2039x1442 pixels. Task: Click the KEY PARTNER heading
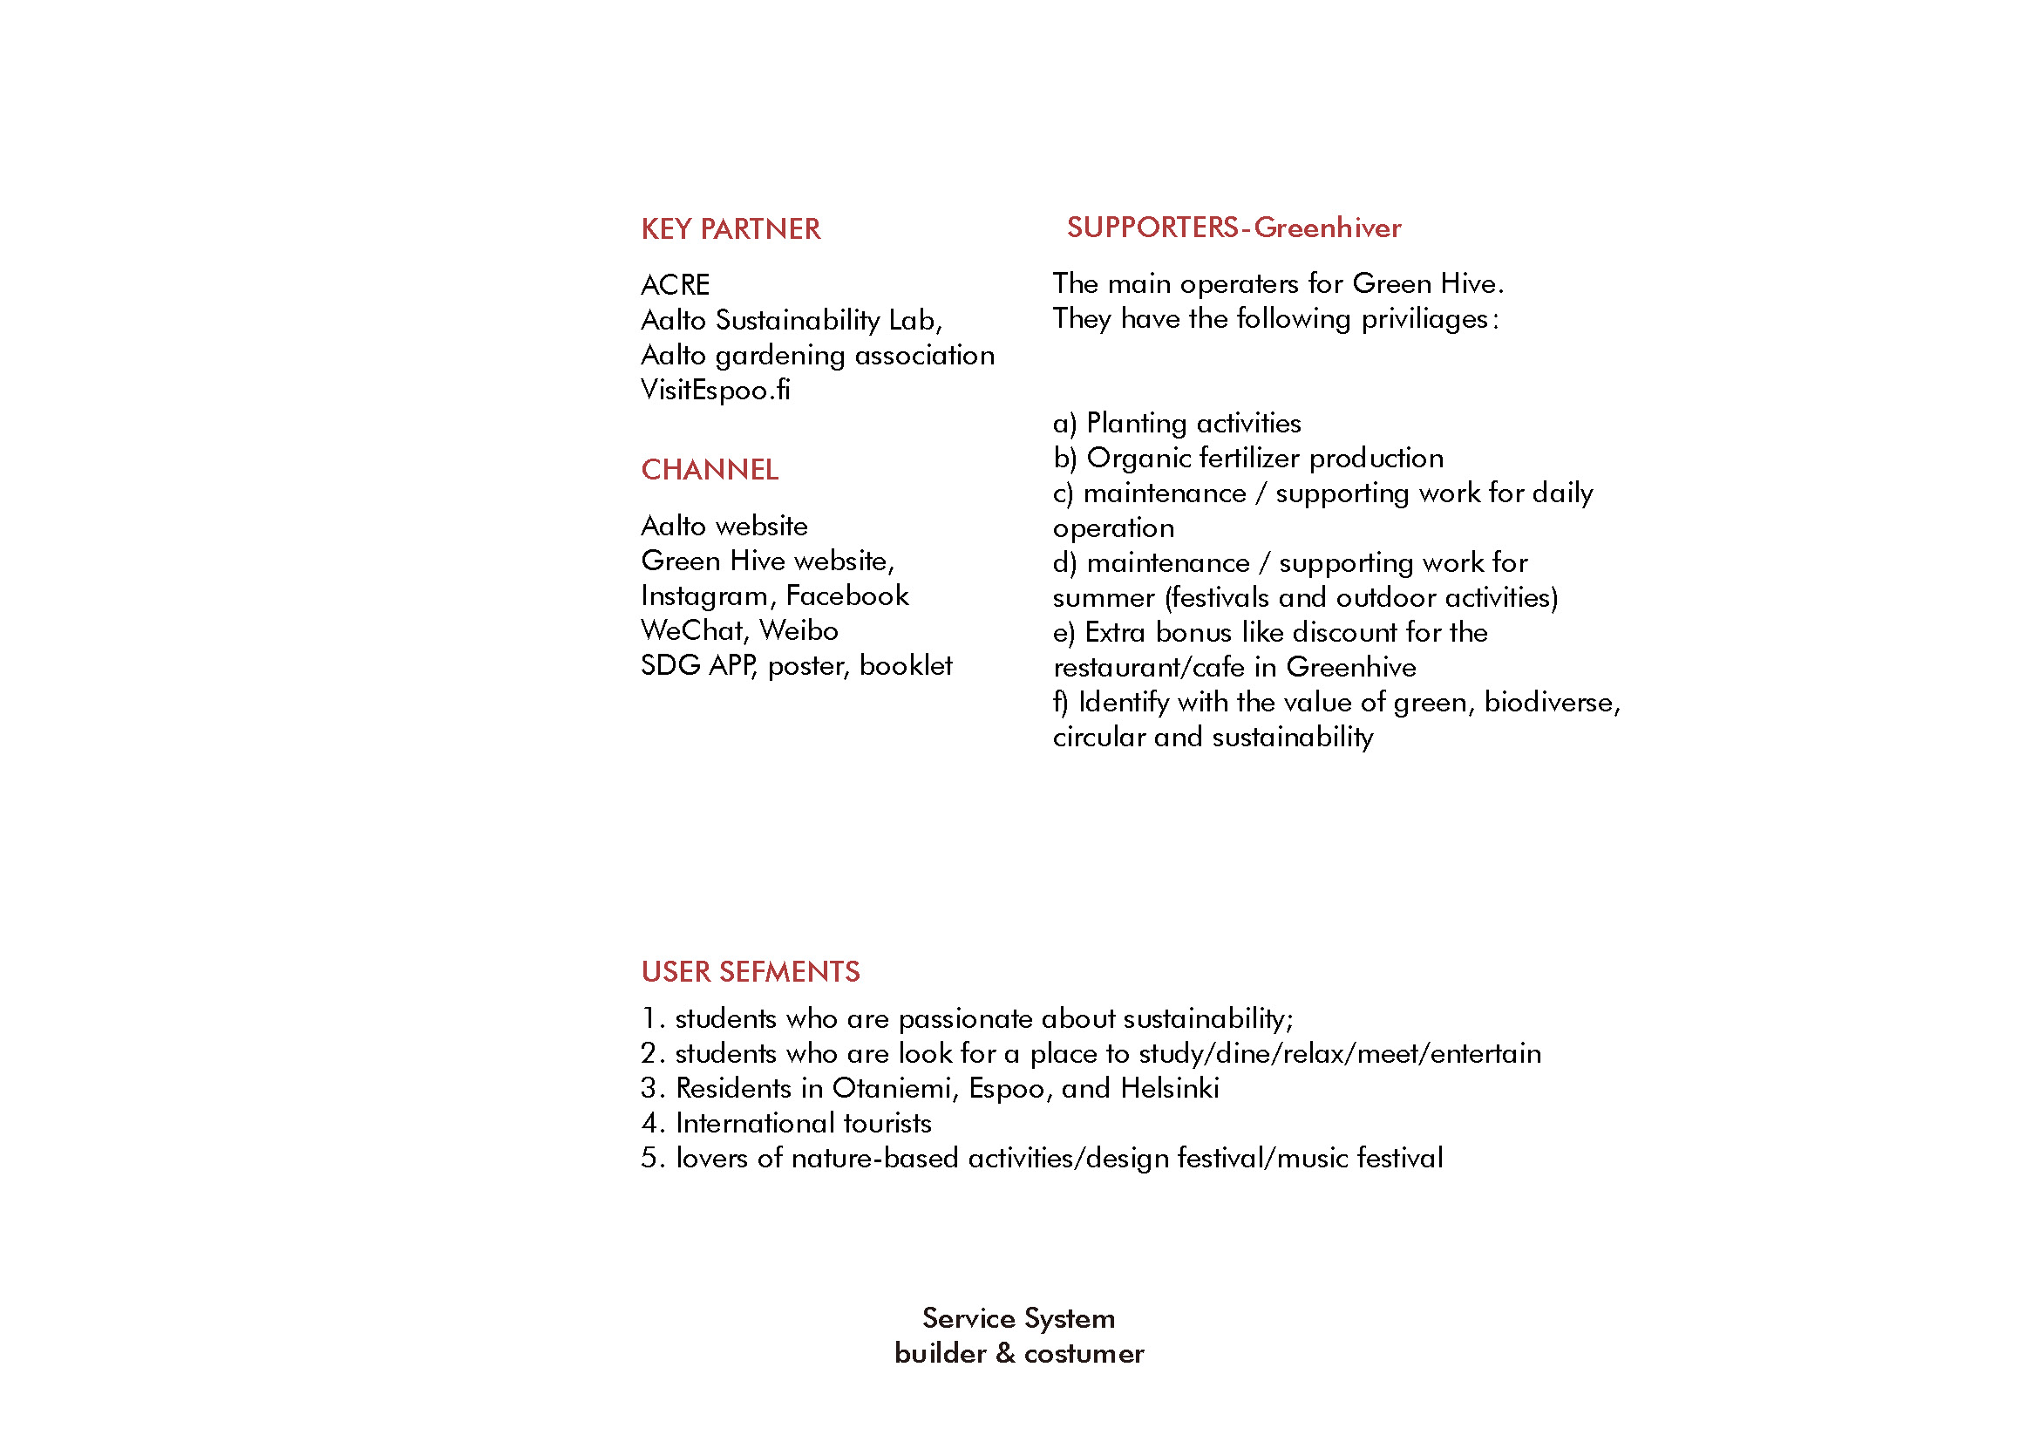[730, 229]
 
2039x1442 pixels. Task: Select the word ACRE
[675, 285]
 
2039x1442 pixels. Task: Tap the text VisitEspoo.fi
[715, 390]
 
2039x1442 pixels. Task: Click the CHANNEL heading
[710, 470]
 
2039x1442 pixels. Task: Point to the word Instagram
[704, 595]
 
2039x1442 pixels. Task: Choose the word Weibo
[799, 630]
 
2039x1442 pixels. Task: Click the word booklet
[905, 665]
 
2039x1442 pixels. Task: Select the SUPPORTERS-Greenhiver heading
[1234, 228]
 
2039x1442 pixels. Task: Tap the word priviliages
[1424, 319]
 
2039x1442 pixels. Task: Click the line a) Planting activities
[1177, 423]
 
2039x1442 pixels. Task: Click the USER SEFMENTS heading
[751, 971]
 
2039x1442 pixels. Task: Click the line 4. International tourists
[786, 1123]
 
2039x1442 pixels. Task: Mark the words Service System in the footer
[1018, 1318]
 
